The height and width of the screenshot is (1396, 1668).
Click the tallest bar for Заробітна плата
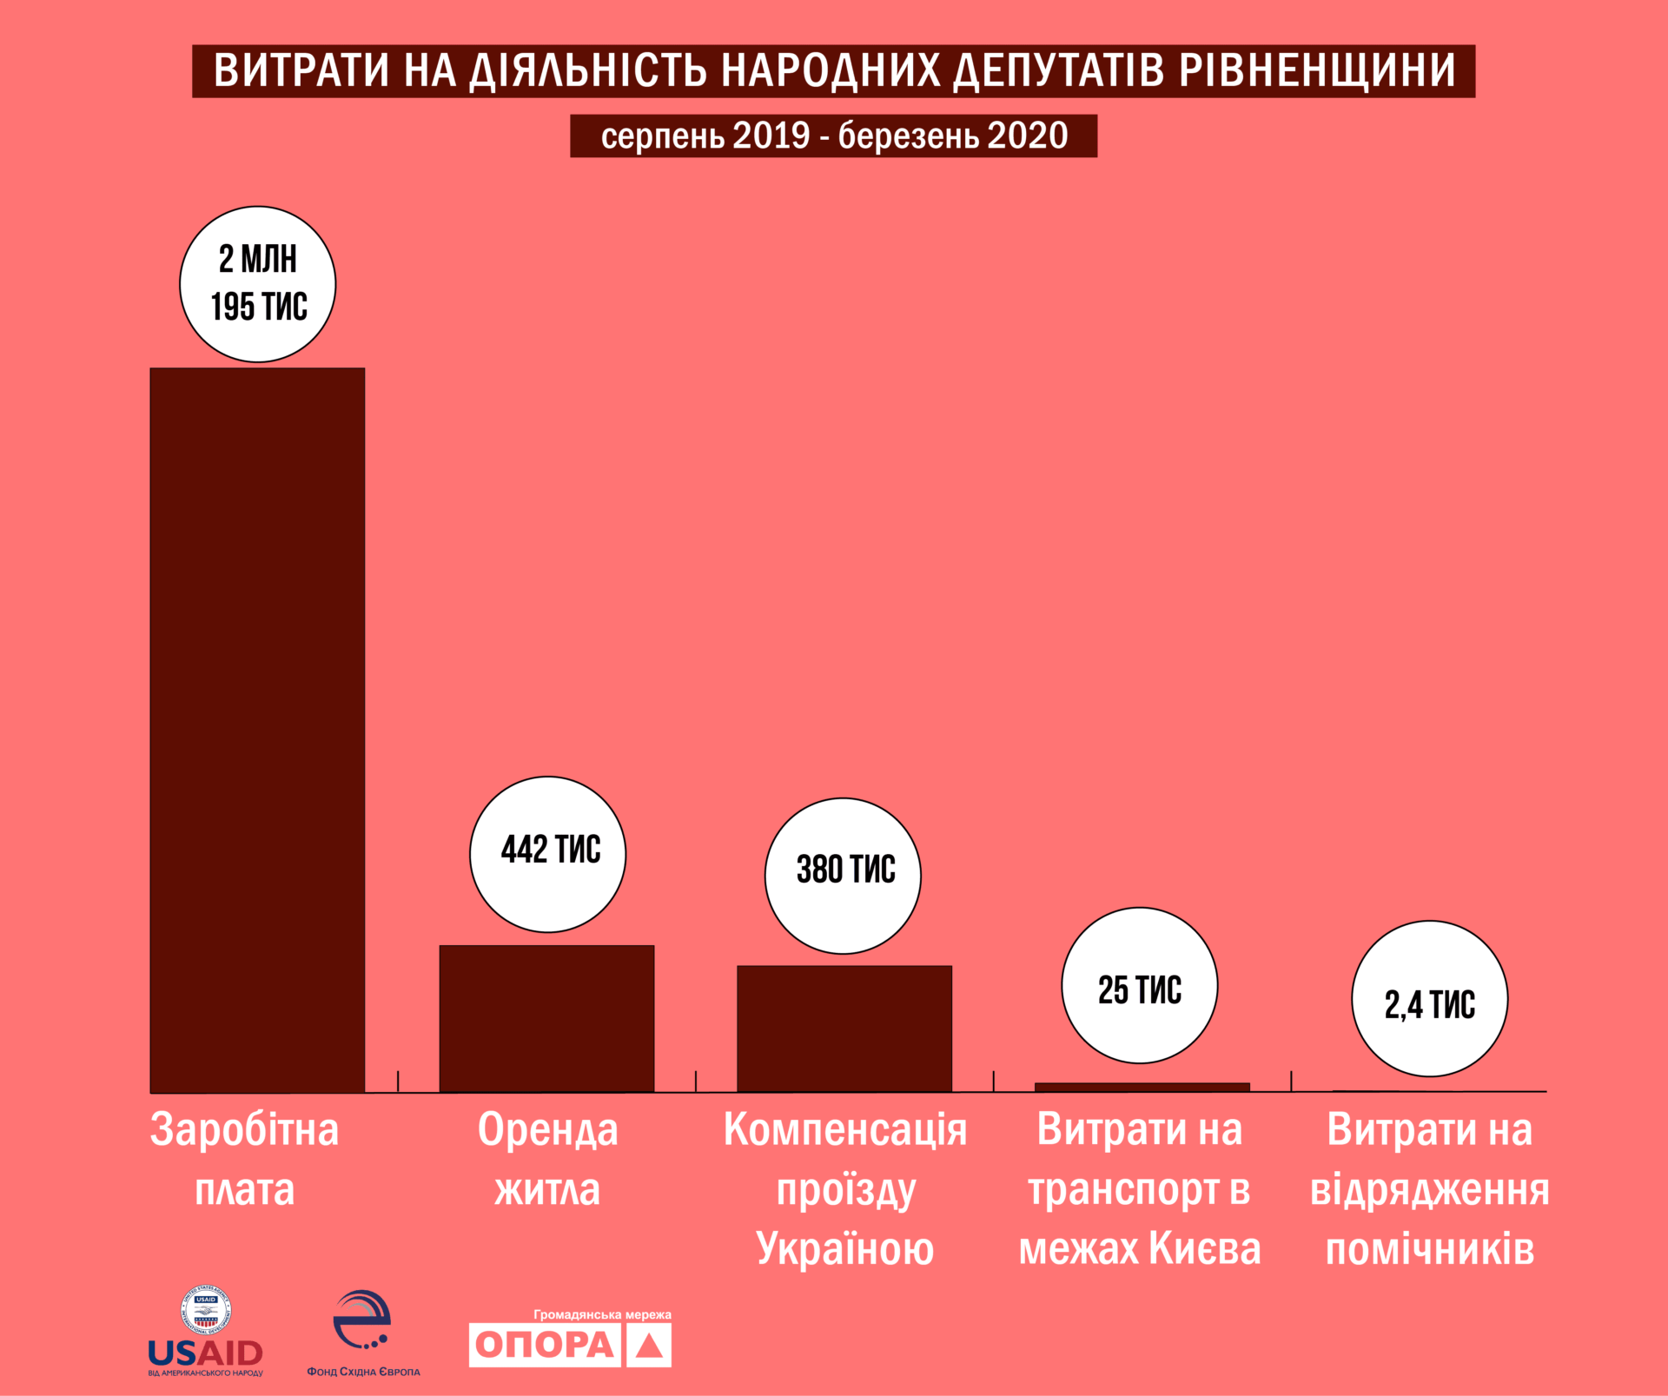(x=257, y=730)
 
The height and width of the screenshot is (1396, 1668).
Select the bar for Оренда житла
(x=546, y=1018)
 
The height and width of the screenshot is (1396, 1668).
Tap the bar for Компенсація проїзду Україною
(x=844, y=1029)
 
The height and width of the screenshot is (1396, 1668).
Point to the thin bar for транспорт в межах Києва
(x=1142, y=1087)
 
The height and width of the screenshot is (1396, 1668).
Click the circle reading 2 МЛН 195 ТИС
(x=258, y=284)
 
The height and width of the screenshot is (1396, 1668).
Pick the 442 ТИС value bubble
(x=547, y=854)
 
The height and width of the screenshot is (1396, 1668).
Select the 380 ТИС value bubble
(x=843, y=876)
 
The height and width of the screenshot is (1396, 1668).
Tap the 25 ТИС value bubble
(x=1140, y=985)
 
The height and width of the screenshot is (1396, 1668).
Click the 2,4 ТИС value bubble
(x=1430, y=999)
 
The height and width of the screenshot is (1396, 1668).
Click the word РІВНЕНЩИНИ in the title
(x=1317, y=71)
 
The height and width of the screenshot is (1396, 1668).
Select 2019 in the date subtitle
(x=771, y=136)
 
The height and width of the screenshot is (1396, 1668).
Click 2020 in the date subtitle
(x=1028, y=136)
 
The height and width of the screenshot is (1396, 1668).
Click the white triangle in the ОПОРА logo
(x=649, y=1346)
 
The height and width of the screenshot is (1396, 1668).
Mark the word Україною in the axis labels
(x=844, y=1249)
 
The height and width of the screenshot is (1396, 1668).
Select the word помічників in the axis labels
(x=1430, y=1249)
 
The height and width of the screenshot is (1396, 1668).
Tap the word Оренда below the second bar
(x=547, y=1130)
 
